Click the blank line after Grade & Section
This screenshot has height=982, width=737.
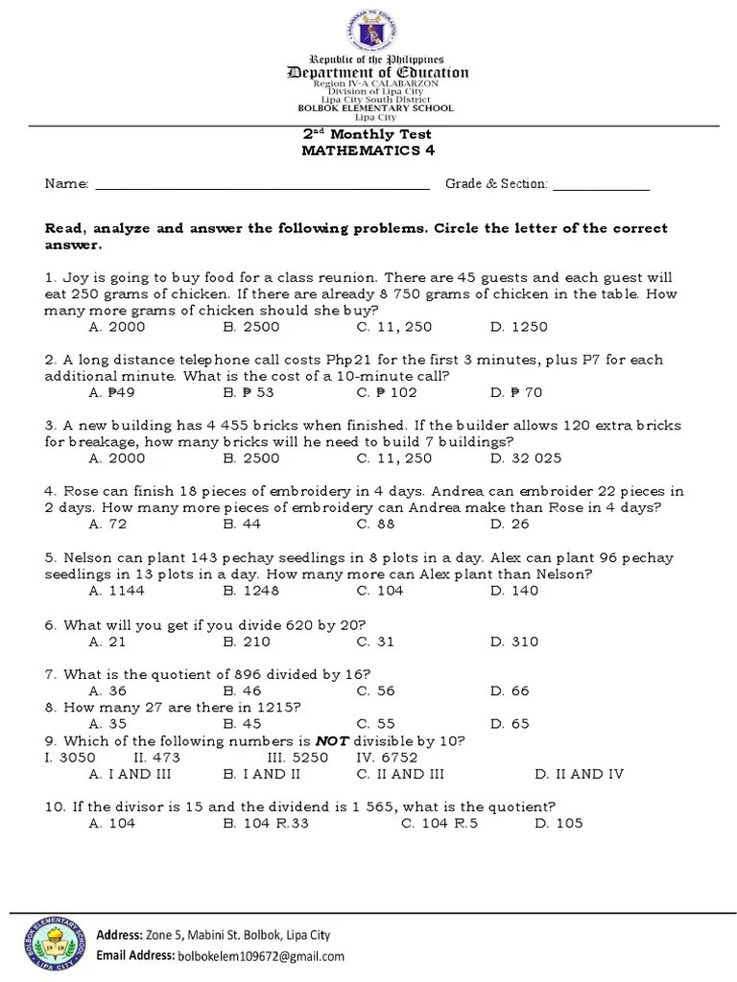[x=601, y=185]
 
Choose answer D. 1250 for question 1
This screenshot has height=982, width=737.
[x=518, y=327]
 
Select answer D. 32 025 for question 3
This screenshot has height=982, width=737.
[x=526, y=457]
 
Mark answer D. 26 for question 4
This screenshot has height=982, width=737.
[x=509, y=524]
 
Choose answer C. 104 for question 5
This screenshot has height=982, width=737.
[x=380, y=590]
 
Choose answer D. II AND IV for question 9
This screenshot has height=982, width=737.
[x=580, y=774]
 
